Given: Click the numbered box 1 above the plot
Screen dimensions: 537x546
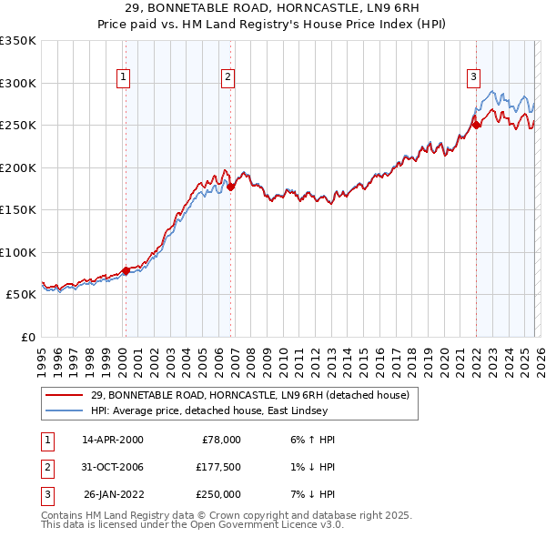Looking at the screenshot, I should (122, 78).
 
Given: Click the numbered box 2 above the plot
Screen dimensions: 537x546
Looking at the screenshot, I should (227, 78).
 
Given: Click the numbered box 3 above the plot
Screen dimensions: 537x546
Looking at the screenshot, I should (473, 78).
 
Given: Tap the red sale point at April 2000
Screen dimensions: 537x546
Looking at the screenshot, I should (126, 270).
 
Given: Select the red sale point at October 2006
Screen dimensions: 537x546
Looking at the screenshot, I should (231, 187).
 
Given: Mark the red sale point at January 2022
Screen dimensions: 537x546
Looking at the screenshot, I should (476, 126).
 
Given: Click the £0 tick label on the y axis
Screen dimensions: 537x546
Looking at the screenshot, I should (27, 337).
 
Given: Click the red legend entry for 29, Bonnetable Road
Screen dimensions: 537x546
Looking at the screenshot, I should (250, 395).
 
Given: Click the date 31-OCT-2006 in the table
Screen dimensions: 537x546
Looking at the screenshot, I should (112, 467).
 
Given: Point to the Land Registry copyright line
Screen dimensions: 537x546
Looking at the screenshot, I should (227, 515).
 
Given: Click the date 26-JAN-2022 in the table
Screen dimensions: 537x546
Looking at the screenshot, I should (113, 494).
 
